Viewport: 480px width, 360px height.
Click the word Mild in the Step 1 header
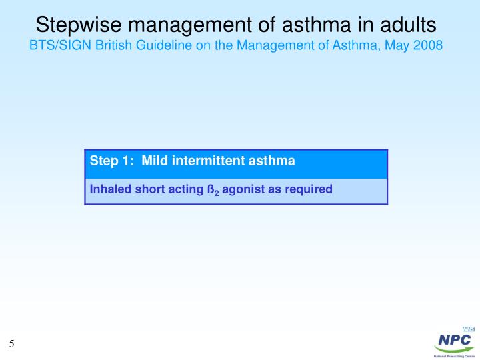pyautogui.click(x=153, y=161)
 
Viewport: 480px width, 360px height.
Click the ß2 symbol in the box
pyautogui.click(x=213, y=190)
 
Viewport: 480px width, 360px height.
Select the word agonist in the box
pyautogui.click(x=243, y=189)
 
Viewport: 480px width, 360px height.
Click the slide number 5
pyautogui.click(x=11, y=344)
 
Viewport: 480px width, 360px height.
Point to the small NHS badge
pyautogui.click(x=468, y=329)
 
